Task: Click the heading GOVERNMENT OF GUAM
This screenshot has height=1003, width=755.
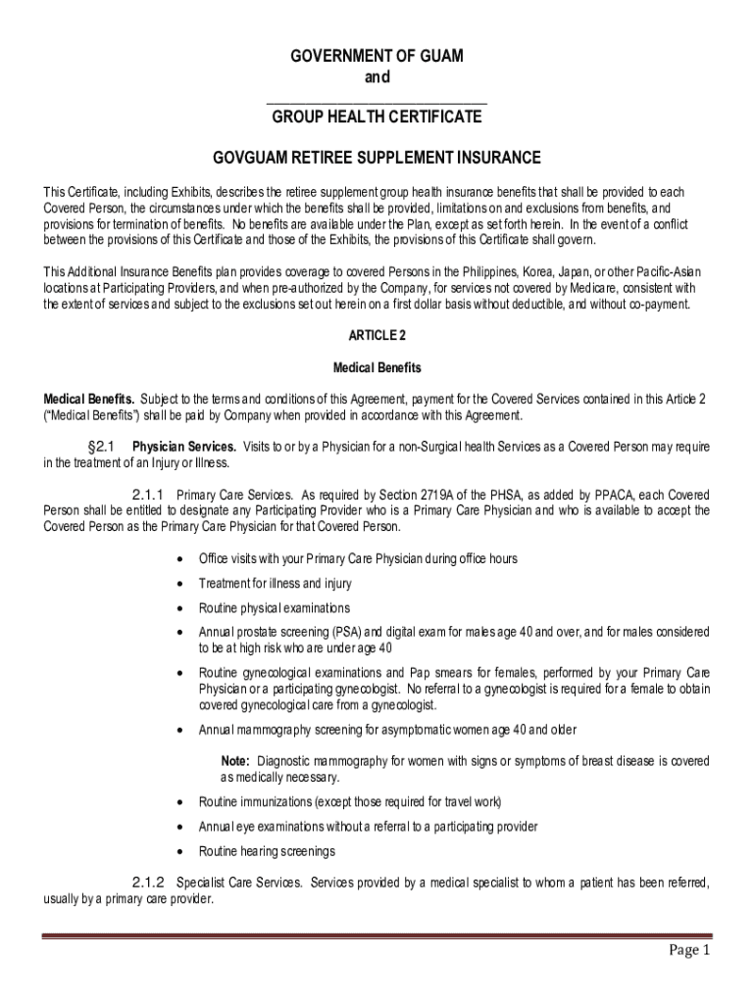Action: click(x=377, y=57)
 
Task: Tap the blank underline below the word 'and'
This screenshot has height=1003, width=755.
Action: click(x=377, y=100)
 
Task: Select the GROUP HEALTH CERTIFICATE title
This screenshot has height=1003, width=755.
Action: click(x=377, y=118)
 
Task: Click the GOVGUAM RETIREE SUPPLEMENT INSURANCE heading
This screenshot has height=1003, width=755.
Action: click(x=377, y=157)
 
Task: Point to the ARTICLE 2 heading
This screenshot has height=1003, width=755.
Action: click(x=377, y=335)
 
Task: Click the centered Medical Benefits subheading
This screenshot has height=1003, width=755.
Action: click(x=377, y=367)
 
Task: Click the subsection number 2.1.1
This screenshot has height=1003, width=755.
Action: click(x=147, y=494)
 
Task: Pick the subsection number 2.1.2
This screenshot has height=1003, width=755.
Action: click(x=147, y=882)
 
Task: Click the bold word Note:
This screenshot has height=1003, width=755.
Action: click(x=235, y=761)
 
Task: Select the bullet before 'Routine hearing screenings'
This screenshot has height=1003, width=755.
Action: click(x=178, y=851)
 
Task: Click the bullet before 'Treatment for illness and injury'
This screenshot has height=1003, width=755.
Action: click(x=178, y=584)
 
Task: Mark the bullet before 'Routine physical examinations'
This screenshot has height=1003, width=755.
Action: click(x=178, y=608)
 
